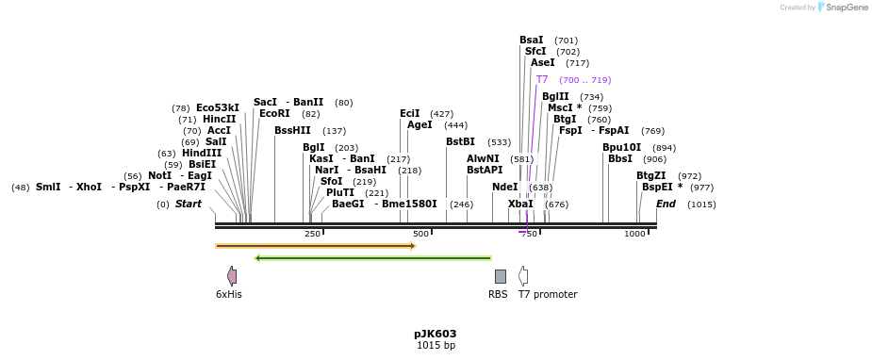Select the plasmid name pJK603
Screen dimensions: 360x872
coord(435,334)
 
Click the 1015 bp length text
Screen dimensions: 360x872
coord(435,346)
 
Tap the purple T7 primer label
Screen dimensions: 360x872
coord(542,80)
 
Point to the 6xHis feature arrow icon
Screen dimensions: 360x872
coord(232,276)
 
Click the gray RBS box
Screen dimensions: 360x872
coord(500,276)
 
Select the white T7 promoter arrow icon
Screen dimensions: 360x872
coord(523,276)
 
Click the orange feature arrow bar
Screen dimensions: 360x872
coord(315,246)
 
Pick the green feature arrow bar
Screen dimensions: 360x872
coord(372,257)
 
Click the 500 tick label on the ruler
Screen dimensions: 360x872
coord(420,234)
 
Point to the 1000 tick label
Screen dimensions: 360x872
coord(634,234)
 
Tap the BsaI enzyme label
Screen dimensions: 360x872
coord(531,41)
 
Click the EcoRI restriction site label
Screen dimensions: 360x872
coord(274,114)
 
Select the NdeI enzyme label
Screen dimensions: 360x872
coord(504,188)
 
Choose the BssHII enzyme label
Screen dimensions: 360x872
coord(292,131)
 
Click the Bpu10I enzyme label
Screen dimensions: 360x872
coord(621,148)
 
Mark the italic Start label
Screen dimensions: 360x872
coord(189,205)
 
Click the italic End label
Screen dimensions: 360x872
coord(666,205)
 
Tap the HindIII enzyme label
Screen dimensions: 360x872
coord(202,154)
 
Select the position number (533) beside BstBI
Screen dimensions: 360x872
coord(499,142)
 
